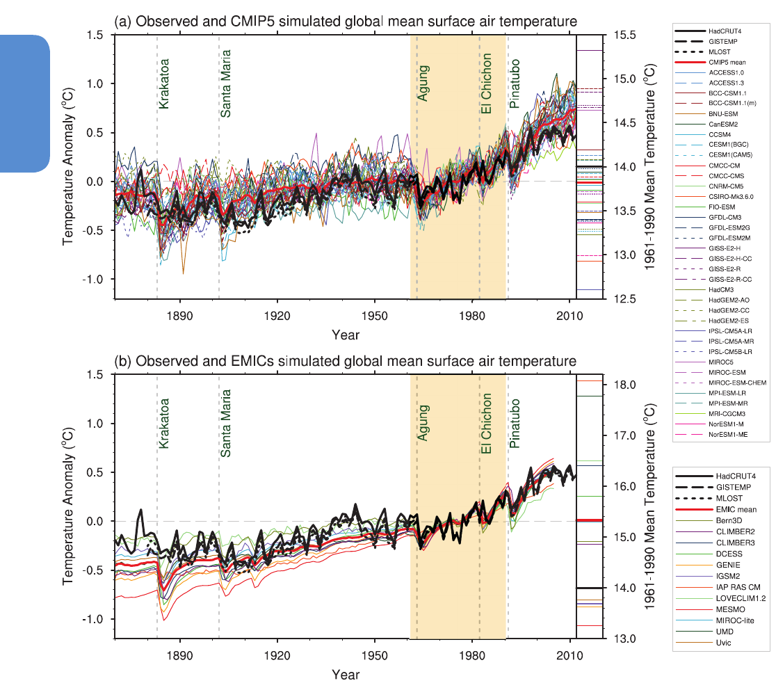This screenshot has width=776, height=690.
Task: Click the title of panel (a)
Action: pos(346,22)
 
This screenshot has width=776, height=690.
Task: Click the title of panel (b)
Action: pos(346,362)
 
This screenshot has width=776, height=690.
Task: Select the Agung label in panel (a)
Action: pos(423,83)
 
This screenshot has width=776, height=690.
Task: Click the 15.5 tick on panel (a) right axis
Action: pos(620,34)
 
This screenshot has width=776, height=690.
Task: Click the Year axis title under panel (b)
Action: pos(346,675)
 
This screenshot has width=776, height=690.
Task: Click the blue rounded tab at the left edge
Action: pos(24,103)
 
